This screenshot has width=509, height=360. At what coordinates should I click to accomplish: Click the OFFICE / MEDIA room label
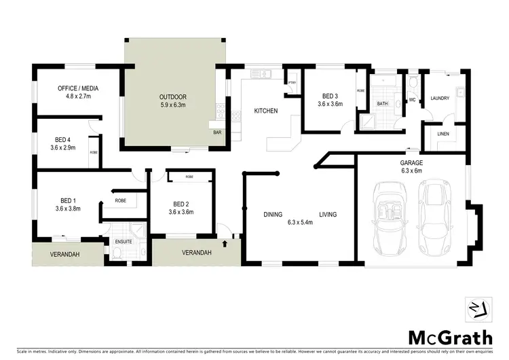coord(78,88)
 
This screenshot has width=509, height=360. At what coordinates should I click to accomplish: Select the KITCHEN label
coord(265,111)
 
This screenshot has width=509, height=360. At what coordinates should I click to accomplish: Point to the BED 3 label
coord(330,96)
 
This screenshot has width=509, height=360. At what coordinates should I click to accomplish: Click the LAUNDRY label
coord(440,99)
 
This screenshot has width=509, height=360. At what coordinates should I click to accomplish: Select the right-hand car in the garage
coord(435,217)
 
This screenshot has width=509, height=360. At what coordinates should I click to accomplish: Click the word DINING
coord(273,215)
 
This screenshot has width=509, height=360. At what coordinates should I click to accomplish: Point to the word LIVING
coord(328,215)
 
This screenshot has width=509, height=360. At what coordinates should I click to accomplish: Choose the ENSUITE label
coord(124,242)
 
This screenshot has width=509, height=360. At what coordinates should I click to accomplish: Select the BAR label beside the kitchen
coord(218,132)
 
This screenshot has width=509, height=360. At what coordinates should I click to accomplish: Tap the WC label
coord(412,100)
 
